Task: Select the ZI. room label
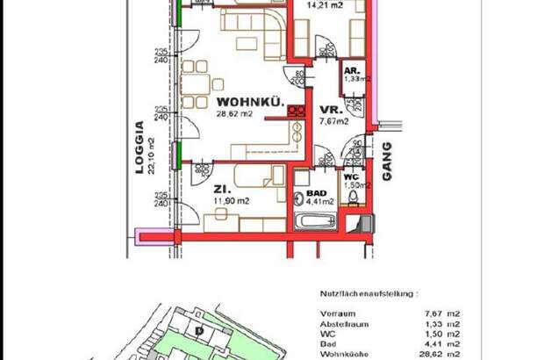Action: click(x=220, y=189)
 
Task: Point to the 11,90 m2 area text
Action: click(x=231, y=201)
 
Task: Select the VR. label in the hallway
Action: click(x=329, y=110)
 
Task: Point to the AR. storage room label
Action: click(x=349, y=69)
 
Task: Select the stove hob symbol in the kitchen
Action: click(x=296, y=112)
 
